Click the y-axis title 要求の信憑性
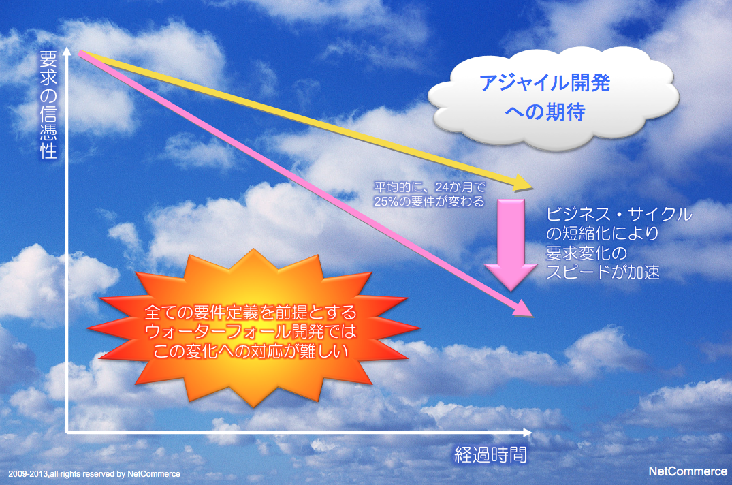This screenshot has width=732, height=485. tap(48, 105)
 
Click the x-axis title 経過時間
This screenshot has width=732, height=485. tap(491, 454)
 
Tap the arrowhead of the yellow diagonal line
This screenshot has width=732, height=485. tap(524, 183)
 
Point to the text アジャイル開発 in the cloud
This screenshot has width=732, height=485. tap(545, 83)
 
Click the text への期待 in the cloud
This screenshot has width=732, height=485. tap(545, 112)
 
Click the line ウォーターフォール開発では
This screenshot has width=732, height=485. tap(251, 332)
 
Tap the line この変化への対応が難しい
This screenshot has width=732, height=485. tap(251, 351)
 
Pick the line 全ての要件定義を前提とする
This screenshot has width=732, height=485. tap(251, 312)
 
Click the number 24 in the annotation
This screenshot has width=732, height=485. tap(442, 187)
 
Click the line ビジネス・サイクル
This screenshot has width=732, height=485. tap(619, 215)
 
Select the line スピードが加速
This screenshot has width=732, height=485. tap(603, 272)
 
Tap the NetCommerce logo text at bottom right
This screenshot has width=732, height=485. tap(688, 471)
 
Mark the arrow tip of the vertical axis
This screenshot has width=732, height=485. tap(67, 48)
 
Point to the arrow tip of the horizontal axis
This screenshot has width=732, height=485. tap(531, 433)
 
